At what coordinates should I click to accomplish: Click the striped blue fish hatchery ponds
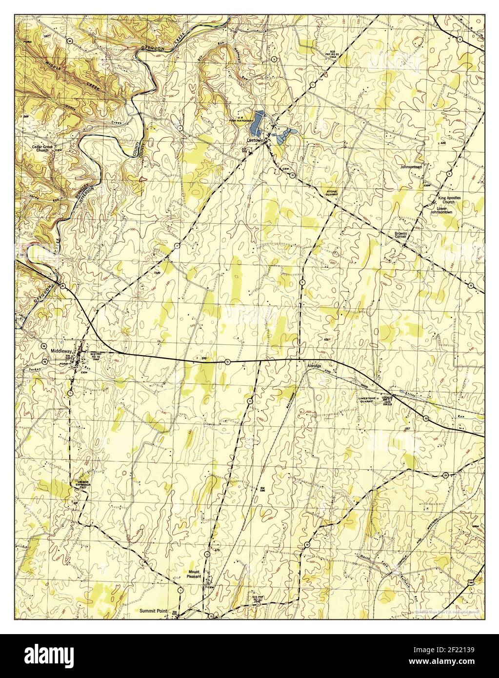[x=256, y=123]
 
